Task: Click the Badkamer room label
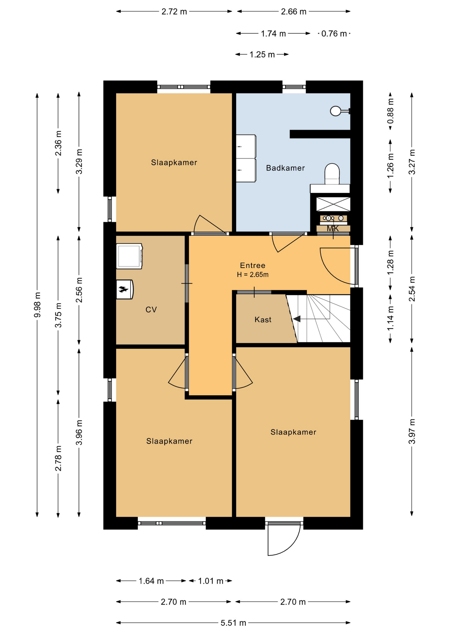tap(285, 168)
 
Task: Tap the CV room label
tap(151, 309)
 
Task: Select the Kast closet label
tap(263, 320)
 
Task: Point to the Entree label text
tap(253, 265)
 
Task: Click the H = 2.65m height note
tap(253, 274)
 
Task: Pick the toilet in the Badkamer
tap(332, 174)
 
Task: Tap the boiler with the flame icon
tap(125, 290)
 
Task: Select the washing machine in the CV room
tap(129, 256)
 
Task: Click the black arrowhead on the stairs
tap(297, 319)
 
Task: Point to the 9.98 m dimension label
tap(37, 305)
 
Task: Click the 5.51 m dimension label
tap(233, 623)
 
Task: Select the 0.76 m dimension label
tap(334, 34)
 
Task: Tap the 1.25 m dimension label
tap(262, 54)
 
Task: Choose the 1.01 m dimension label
tap(211, 581)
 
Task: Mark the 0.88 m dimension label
tap(390, 111)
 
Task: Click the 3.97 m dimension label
tap(412, 432)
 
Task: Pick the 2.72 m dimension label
tap(174, 12)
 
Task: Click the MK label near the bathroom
tap(333, 229)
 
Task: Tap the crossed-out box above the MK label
tap(333, 204)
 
